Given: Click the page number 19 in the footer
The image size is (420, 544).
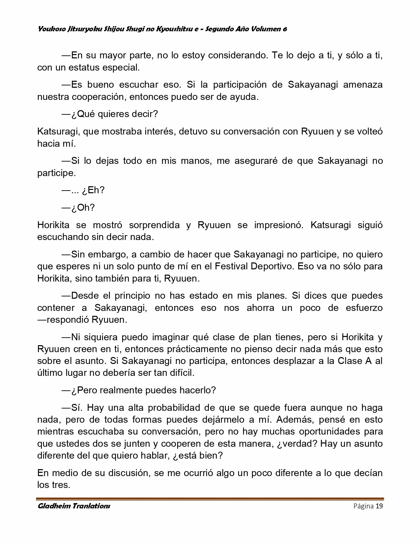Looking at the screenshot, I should pos(379,506).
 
